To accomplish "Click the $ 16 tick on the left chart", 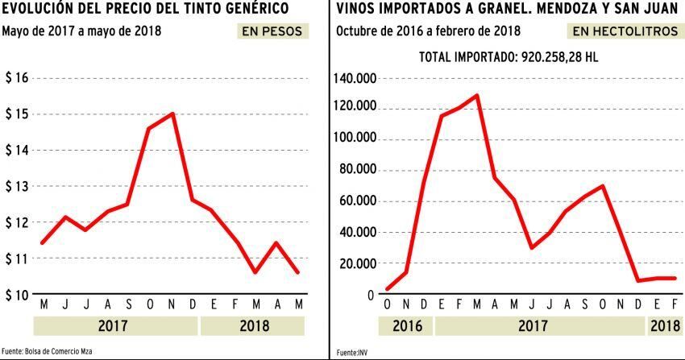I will [x=17, y=78].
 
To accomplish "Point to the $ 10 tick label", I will [x=17, y=295].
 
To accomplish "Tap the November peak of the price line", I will [x=172, y=114].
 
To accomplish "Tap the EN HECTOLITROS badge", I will [x=623, y=32].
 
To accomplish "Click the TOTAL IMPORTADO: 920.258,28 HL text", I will [x=509, y=58].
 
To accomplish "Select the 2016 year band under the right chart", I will [x=404, y=326].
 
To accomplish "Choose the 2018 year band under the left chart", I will [x=251, y=326].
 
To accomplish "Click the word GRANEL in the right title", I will [x=491, y=10].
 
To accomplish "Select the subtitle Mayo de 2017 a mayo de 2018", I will [x=81, y=32].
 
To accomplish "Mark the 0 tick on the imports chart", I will [x=372, y=295].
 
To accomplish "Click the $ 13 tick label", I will [x=17, y=186].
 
